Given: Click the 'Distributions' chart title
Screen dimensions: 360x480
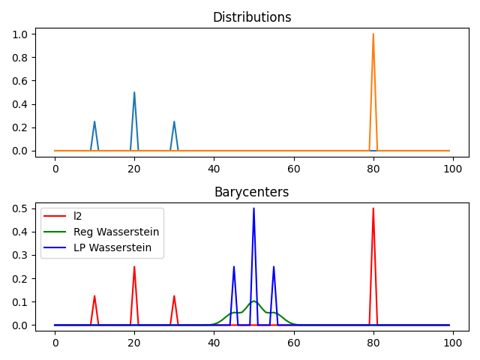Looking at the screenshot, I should pos(252,17).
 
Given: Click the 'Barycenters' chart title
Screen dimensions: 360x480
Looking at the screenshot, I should pos(252,192).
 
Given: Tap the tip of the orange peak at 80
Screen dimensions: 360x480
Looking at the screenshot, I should pos(373,34).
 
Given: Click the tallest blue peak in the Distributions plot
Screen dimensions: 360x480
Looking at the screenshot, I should pos(134,93).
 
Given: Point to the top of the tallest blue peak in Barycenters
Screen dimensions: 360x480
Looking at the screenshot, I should pos(253,208).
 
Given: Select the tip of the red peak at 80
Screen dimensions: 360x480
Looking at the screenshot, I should pos(373,208).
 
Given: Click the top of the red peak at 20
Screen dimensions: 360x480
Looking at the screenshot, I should pos(134,267).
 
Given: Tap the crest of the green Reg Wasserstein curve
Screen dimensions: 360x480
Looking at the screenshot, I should pos(253,301).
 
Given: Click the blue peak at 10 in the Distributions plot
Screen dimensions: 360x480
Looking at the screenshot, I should pos(94,122).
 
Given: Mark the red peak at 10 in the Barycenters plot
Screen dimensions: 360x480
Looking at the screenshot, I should pos(94,296).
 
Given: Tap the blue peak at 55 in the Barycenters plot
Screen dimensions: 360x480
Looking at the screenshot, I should pos(274,267).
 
